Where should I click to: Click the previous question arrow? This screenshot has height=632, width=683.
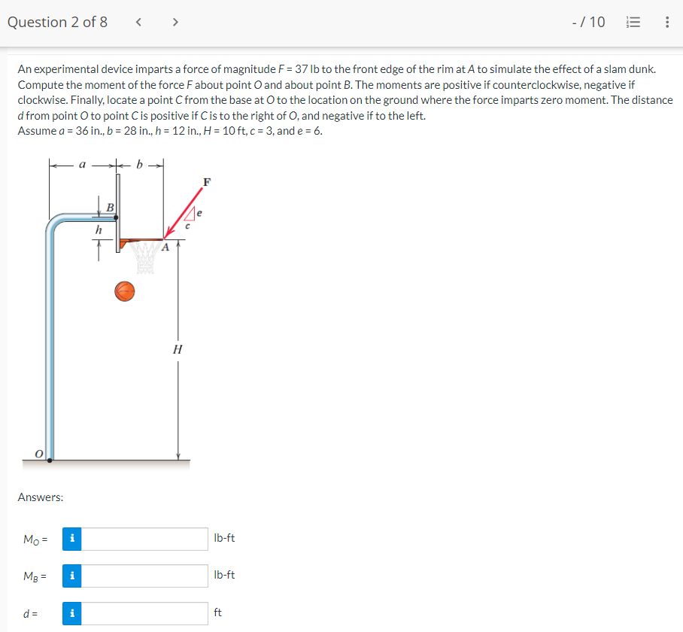click(139, 22)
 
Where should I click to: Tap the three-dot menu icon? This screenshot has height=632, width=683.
click(667, 22)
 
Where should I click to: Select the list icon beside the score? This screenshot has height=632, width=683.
click(634, 22)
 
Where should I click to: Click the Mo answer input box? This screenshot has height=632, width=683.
click(145, 539)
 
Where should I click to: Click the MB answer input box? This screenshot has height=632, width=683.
click(145, 576)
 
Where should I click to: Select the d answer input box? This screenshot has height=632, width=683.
click(145, 613)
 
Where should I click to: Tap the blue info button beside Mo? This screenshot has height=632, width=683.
click(71, 539)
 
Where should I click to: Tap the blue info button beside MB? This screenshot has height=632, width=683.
click(71, 576)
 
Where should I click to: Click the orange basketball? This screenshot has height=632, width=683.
click(125, 290)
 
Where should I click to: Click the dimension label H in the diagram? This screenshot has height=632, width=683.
click(178, 350)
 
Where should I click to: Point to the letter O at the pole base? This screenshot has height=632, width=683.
click(39, 453)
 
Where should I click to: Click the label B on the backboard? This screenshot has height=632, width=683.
click(110, 206)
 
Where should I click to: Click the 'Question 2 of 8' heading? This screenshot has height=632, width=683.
click(57, 22)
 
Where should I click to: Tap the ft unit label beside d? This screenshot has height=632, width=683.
click(218, 613)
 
